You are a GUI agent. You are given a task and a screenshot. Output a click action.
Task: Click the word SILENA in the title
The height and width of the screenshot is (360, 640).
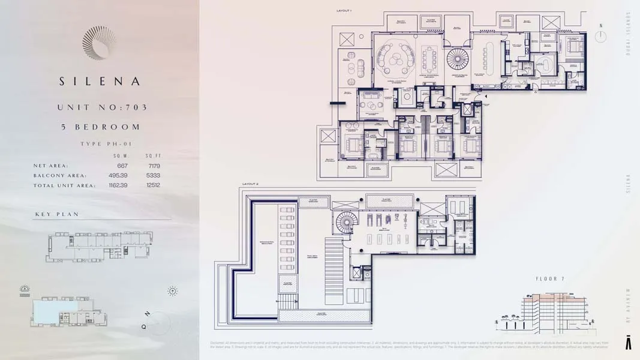99,81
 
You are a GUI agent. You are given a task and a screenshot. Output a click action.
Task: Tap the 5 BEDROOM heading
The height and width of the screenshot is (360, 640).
99,127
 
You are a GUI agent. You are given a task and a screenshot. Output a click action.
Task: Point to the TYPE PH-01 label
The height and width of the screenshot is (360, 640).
106,144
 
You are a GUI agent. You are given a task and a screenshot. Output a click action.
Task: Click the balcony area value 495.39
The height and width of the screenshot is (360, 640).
118,176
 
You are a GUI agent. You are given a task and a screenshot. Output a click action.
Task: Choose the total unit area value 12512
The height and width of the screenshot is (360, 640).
152,185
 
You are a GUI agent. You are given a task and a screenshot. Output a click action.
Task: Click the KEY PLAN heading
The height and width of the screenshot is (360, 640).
57,214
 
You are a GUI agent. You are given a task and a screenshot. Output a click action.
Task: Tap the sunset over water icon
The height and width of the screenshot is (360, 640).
25,290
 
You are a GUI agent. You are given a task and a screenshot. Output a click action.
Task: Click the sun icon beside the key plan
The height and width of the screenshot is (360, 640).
173,291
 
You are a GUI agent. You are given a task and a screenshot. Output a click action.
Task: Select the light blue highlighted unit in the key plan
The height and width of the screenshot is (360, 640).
55,308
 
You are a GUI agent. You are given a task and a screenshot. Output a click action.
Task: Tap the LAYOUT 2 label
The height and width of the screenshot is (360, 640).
250,184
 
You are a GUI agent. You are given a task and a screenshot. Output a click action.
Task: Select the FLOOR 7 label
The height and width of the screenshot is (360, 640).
549,279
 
